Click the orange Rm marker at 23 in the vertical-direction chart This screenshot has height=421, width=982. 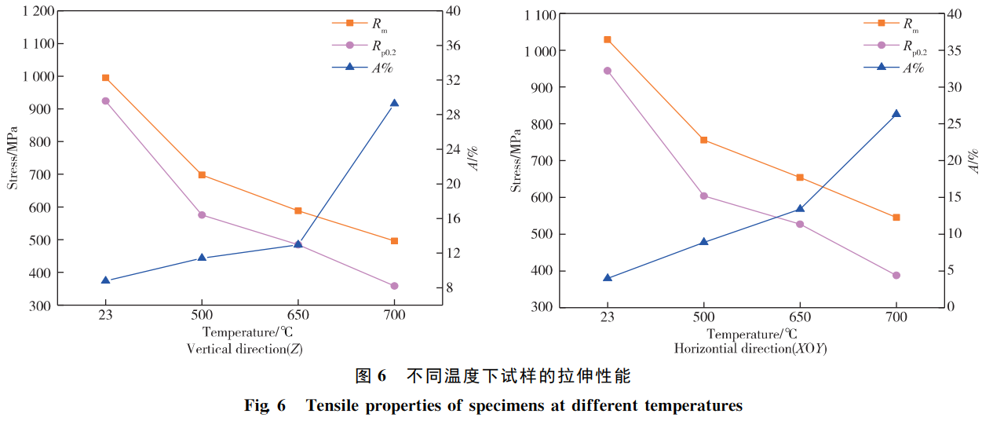pyautogui.click(x=105, y=78)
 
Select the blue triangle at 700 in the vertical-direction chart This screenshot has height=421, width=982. pyautogui.click(x=394, y=103)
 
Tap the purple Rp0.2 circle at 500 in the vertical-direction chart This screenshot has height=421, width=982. pyautogui.click(x=202, y=214)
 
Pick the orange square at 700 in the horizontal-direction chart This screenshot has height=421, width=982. pyautogui.click(x=896, y=217)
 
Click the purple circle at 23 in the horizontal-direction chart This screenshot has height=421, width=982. pyautogui.click(x=607, y=71)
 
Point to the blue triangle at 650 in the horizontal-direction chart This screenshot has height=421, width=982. pyautogui.click(x=800, y=209)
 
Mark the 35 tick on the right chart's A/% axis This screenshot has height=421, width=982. pyautogui.click(x=953, y=51)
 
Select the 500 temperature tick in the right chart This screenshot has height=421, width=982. pyautogui.click(x=703, y=317)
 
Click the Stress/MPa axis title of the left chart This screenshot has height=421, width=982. pyautogui.click(x=13, y=157)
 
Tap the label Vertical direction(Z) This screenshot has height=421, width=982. pyautogui.click(x=243, y=348)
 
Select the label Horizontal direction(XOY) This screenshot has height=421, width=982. pyautogui.click(x=750, y=348)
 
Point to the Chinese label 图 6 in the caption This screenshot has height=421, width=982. pyautogui.click(x=371, y=376)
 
